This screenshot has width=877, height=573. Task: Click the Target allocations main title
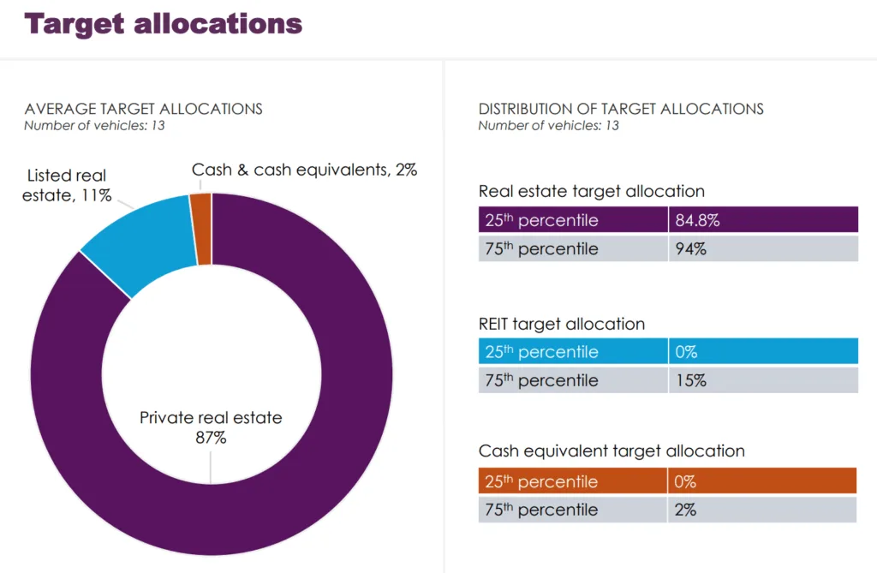pyautogui.click(x=164, y=23)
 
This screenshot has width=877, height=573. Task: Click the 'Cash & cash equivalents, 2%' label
pyautogui.click(x=304, y=170)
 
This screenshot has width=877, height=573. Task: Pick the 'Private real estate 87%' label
pyautogui.click(x=211, y=427)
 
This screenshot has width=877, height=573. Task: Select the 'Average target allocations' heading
pyautogui.click(x=143, y=109)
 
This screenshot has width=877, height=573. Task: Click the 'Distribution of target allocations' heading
pyautogui.click(x=621, y=109)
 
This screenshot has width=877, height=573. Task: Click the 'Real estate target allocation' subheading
pyautogui.click(x=591, y=191)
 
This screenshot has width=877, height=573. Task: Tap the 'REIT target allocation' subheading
pyautogui.click(x=561, y=324)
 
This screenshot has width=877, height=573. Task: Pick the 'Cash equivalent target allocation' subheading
pyautogui.click(x=612, y=451)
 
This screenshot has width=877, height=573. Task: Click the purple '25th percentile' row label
pyautogui.click(x=541, y=220)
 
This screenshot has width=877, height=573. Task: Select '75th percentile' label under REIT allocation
pyautogui.click(x=541, y=380)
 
